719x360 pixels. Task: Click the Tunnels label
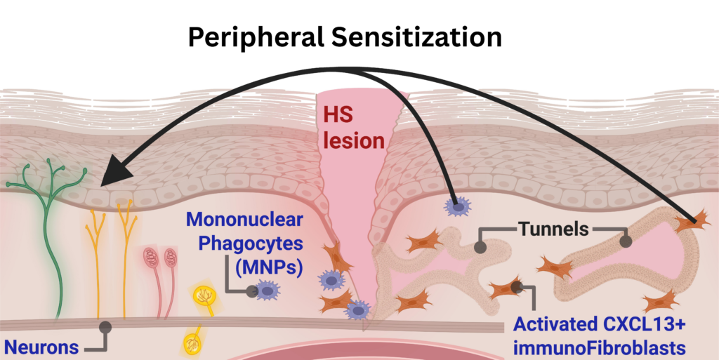pyautogui.click(x=553, y=227)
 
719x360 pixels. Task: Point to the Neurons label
pyautogui.click(x=41, y=347)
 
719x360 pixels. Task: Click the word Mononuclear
pyautogui.click(x=245, y=220)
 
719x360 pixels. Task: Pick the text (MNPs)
pyautogui.click(x=270, y=267)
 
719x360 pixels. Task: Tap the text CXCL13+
pyautogui.click(x=647, y=324)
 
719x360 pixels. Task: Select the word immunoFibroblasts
pyautogui.click(x=600, y=348)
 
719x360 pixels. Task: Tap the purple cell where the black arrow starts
pyautogui.click(x=457, y=206)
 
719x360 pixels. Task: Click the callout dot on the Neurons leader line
pyautogui.click(x=105, y=326)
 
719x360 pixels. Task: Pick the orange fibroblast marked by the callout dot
pyautogui.click(x=506, y=289)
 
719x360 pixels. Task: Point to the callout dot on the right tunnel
pyautogui.click(x=624, y=241)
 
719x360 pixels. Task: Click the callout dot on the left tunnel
pyautogui.click(x=480, y=247)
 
